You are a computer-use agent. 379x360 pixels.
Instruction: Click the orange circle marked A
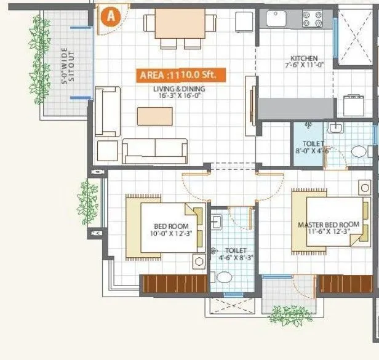111,17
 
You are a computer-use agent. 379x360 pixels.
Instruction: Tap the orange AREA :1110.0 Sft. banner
181,76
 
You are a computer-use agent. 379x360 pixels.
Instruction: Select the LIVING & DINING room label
179,93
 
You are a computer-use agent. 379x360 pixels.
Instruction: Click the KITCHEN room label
301,61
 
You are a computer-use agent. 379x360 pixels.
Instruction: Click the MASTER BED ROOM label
328,228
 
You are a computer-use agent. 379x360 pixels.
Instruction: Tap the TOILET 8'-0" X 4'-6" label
305,148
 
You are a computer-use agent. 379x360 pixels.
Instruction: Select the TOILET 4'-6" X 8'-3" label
236,255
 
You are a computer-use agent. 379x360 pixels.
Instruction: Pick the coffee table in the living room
154,116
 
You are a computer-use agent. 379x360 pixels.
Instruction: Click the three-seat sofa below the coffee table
154,150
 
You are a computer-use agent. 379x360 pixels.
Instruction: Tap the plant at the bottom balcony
291,316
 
